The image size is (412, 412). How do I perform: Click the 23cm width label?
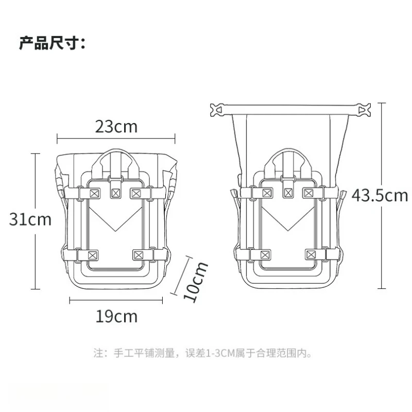(x=116, y=127)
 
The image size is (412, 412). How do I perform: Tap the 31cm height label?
(x=30, y=219)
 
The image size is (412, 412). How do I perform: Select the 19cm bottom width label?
(x=116, y=316)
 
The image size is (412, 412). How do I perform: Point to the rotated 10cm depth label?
(x=196, y=281)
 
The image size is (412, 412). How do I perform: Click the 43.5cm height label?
(x=380, y=196)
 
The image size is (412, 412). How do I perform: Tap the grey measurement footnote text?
(x=202, y=353)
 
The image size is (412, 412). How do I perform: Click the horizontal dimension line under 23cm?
(x=116, y=138)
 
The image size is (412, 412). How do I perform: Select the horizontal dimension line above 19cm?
(x=116, y=300)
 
